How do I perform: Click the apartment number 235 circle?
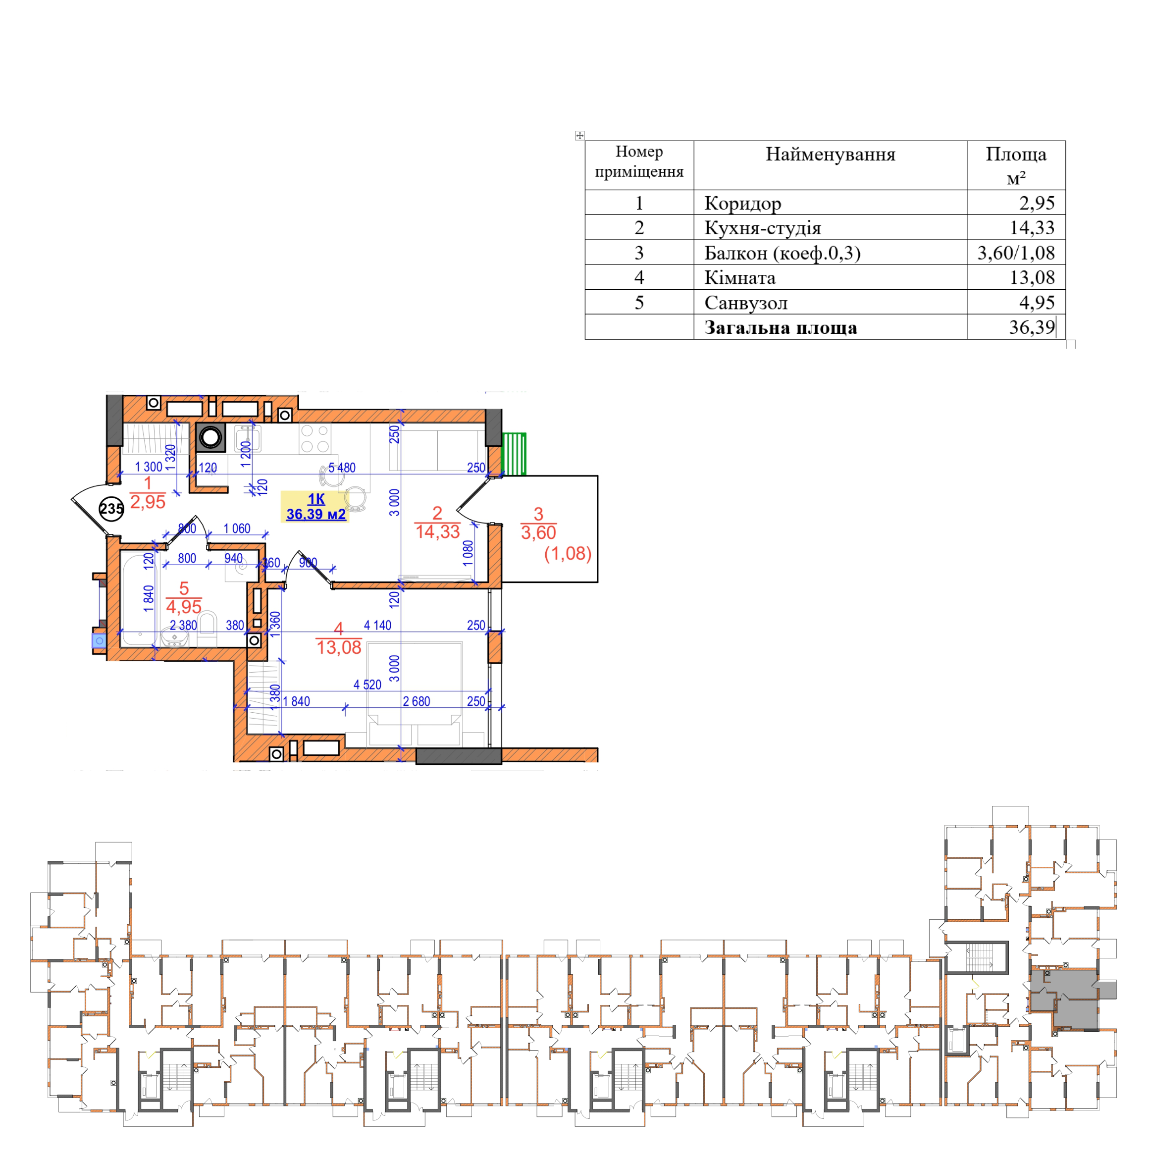[x=111, y=509]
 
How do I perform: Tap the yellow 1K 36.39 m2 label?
[x=315, y=507]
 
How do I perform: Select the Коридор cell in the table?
[x=742, y=204]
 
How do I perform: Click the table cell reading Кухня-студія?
[x=762, y=228]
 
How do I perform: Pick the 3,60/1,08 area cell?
[x=1015, y=253]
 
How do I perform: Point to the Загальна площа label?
[x=780, y=327]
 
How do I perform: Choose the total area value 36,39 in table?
[x=1032, y=327]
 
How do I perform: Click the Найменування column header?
[x=830, y=155]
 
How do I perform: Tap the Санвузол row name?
[x=746, y=303]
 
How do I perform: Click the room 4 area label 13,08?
[x=339, y=647]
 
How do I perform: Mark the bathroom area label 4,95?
[x=184, y=607]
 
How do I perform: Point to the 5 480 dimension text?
[x=341, y=468]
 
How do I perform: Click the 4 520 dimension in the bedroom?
[x=367, y=685]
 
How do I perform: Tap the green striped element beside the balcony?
[x=514, y=454]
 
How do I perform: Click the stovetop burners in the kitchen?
[x=315, y=438]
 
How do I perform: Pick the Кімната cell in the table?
[x=740, y=278]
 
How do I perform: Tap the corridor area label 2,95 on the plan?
[x=148, y=502]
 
